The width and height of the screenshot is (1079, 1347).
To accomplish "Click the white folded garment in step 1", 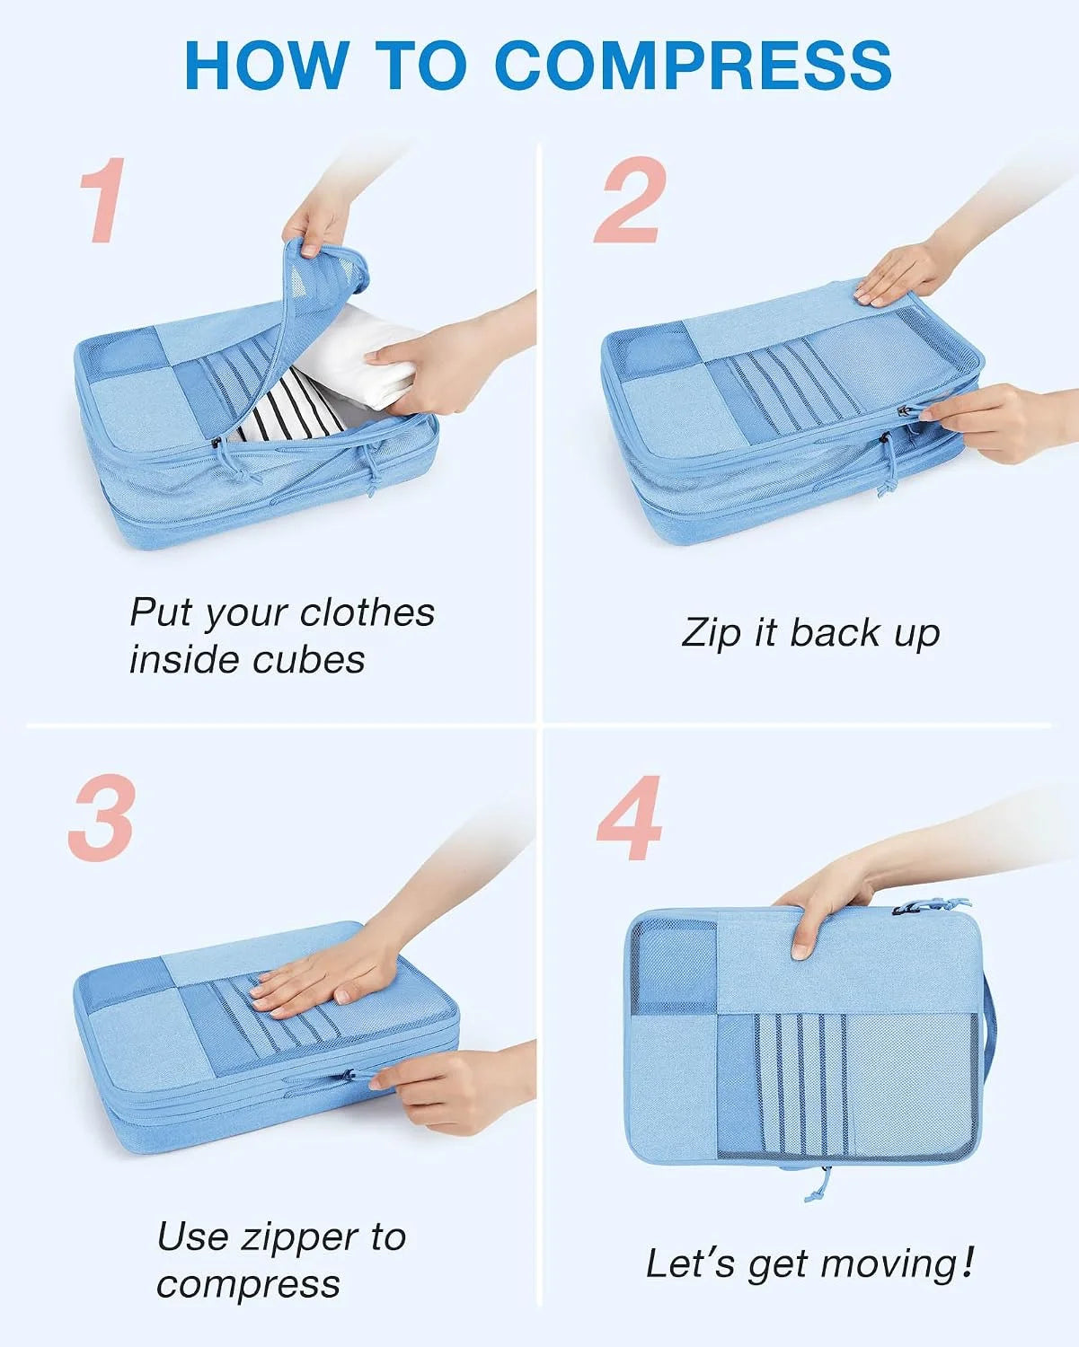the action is click(x=357, y=360).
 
